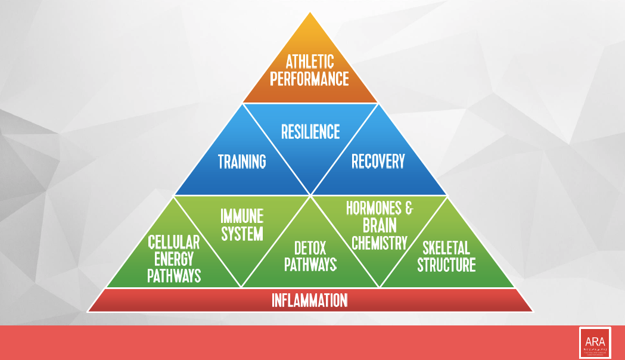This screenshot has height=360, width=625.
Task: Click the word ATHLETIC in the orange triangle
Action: [310, 61]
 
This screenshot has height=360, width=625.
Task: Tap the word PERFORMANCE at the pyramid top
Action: [310, 79]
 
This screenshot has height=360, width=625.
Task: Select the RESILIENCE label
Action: [310, 131]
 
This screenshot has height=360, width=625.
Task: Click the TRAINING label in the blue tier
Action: [242, 162]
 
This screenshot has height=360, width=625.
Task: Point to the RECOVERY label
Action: [378, 161]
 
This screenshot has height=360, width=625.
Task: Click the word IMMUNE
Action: [242, 216]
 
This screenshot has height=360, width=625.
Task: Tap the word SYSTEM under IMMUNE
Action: [242, 233]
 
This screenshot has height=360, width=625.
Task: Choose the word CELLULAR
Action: [174, 243]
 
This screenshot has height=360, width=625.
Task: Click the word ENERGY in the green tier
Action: [174, 259]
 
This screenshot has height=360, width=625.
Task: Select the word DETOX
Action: [310, 247]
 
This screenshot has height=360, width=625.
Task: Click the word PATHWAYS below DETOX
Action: [310, 265]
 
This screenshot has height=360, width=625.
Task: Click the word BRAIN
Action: [380, 226]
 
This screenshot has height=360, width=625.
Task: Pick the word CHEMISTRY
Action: [380, 243]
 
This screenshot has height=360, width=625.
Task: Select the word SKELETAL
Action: [446, 247]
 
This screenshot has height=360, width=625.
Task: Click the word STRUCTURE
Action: [446, 265]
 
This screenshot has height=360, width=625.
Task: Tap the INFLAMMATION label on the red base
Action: [310, 300]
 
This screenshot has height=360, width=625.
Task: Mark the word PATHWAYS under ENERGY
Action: [174, 276]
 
